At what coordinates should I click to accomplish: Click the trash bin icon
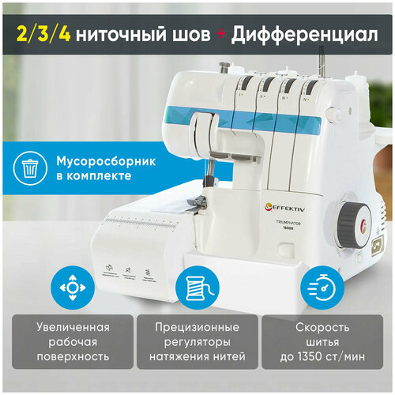(29, 167)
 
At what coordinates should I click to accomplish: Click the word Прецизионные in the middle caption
(197, 326)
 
